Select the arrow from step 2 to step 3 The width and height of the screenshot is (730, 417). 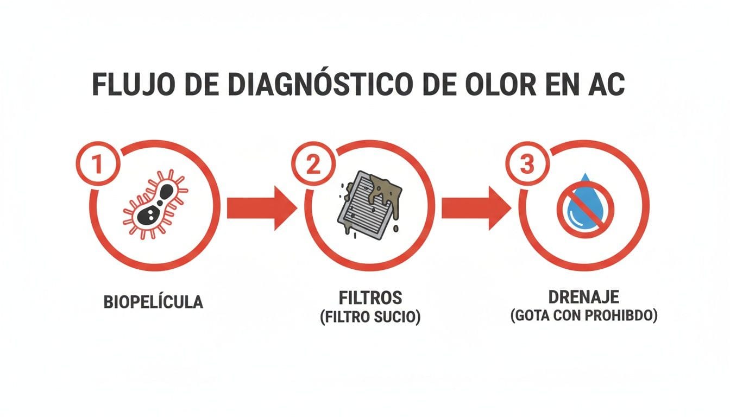coord(475,208)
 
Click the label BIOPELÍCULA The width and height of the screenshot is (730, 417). coord(153,301)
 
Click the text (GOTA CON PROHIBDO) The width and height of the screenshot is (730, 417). coord(584,316)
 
